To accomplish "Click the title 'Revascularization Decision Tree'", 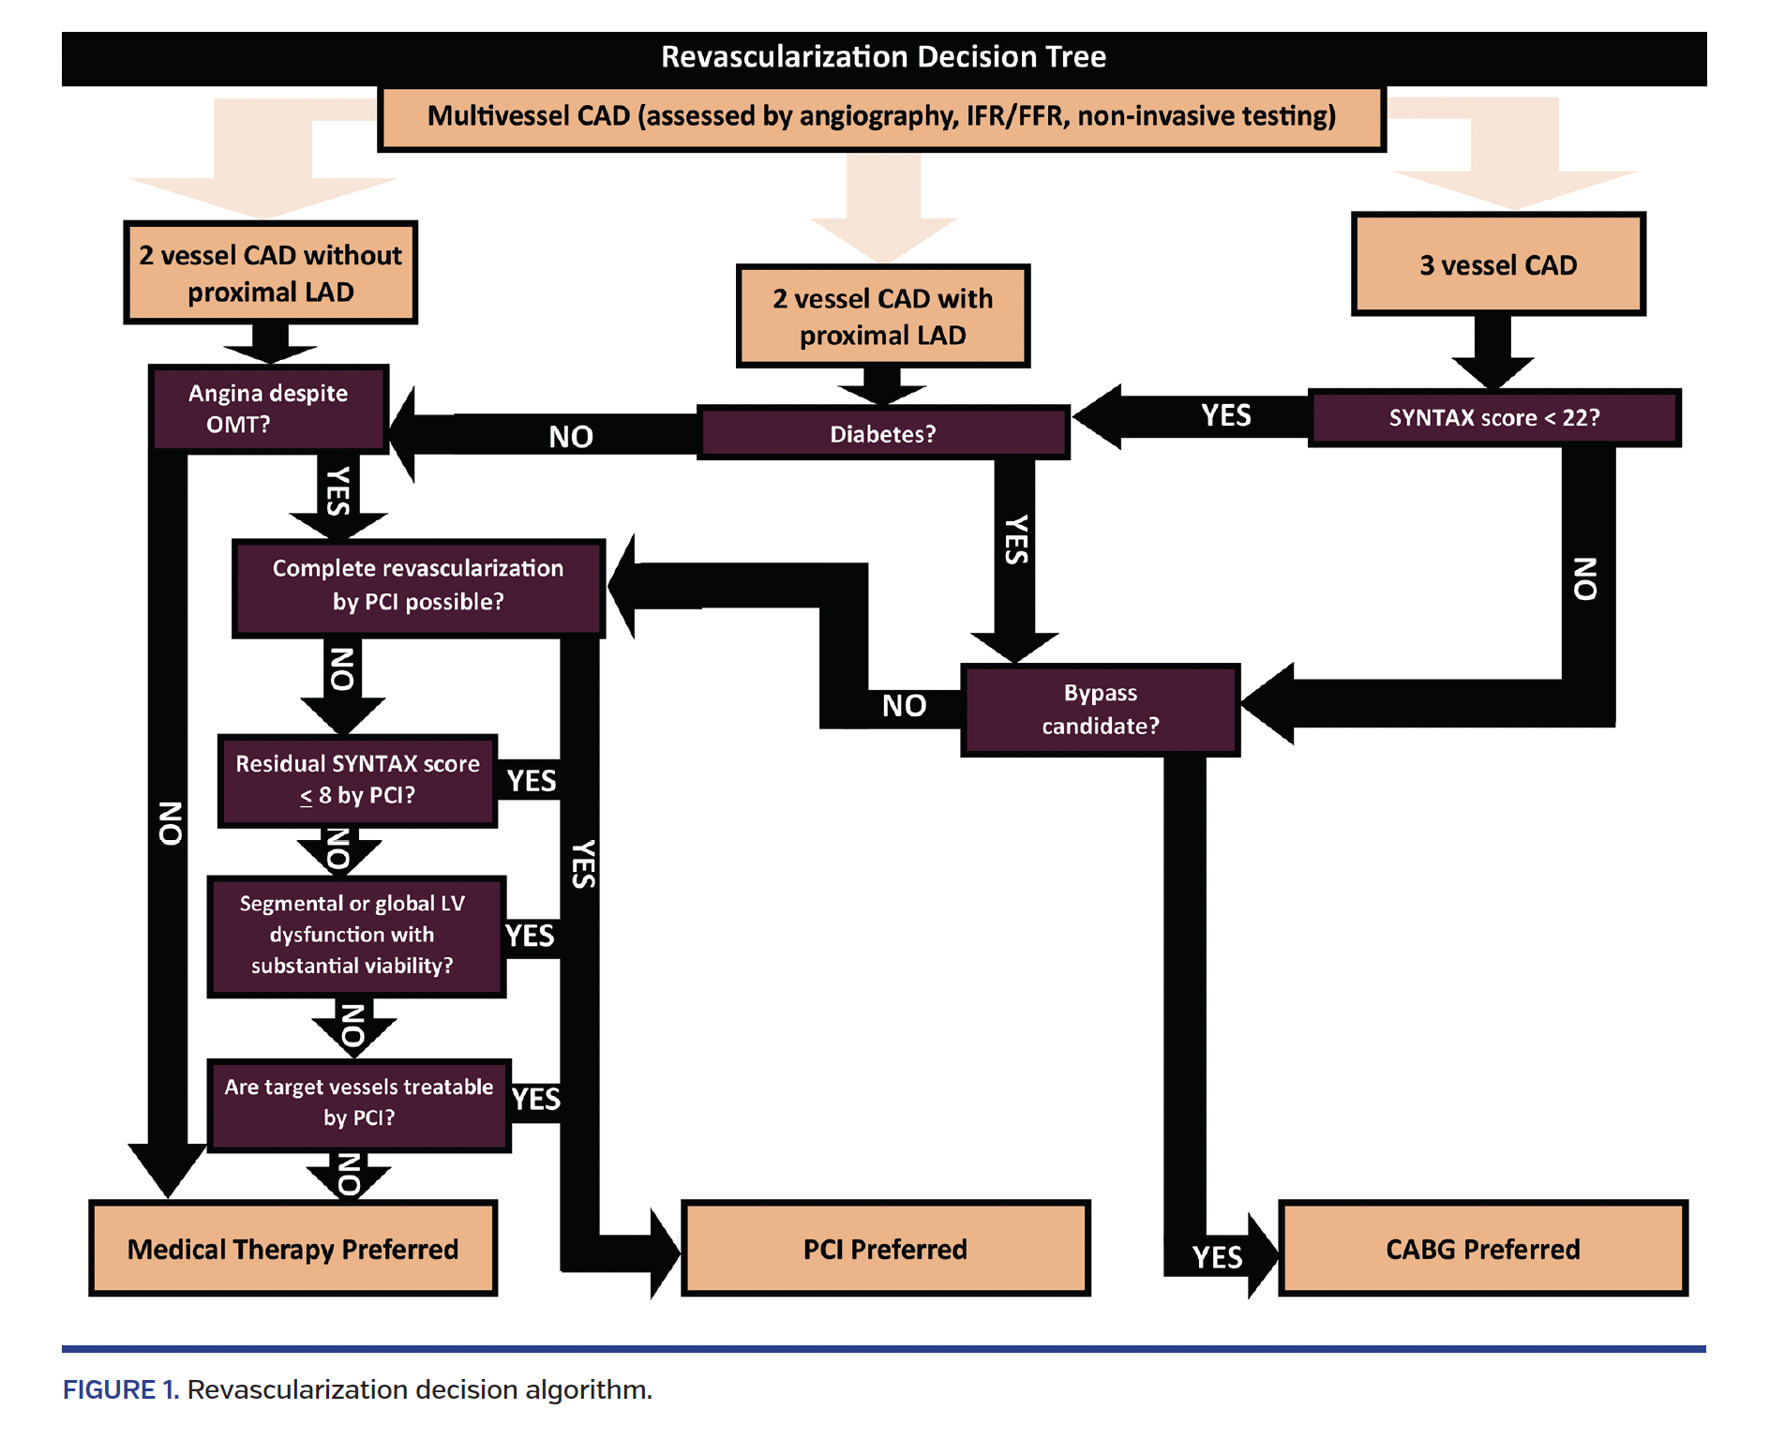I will tap(883, 57).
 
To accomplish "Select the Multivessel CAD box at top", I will tap(881, 117).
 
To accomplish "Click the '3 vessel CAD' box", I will tap(1497, 265).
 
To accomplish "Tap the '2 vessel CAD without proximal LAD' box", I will tap(270, 273).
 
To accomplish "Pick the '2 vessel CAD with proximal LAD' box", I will tap(882, 317).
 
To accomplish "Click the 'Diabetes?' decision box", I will tap(882, 434).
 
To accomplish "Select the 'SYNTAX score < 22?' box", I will tap(1493, 418).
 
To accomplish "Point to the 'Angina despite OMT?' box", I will tap(268, 409).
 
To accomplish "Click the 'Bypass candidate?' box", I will tap(1100, 710).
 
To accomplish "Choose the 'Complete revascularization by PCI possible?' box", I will tap(418, 586).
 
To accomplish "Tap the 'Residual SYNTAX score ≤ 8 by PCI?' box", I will tap(357, 780).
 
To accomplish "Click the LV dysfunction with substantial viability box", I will tap(353, 936).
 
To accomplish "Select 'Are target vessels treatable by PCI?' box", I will tap(359, 1103).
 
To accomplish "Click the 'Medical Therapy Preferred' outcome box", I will tap(292, 1250).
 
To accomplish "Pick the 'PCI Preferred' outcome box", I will tap(884, 1250).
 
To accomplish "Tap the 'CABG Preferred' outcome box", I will tap(1482, 1250).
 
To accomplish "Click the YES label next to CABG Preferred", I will tap(1217, 1257).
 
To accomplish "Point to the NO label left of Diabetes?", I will tap(570, 437).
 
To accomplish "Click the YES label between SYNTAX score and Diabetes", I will tap(1225, 415).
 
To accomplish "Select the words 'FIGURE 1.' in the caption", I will tap(120, 1389).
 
